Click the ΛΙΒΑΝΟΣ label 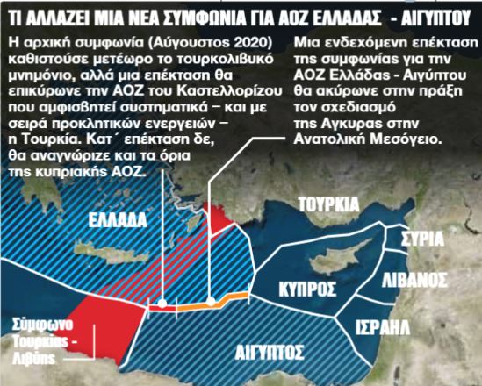(415, 282)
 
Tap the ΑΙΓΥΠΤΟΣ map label (270, 353)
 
